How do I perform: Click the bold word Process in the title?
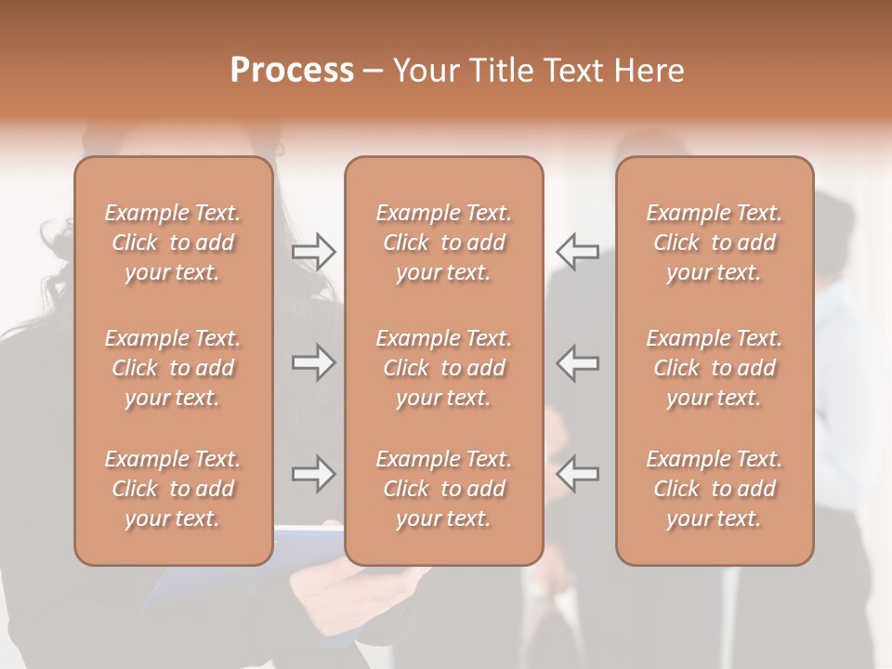coord(292,71)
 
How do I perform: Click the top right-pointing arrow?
coord(314,251)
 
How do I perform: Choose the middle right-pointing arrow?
coord(314,362)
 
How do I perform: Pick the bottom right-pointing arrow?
coord(314,474)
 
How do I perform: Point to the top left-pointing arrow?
coord(577,251)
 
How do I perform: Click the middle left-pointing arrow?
coord(577,362)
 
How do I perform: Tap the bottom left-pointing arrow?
coord(577,474)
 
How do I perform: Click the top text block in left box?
coord(173,243)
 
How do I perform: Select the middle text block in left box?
coord(173,368)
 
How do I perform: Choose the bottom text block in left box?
coord(173,489)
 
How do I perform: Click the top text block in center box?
coord(443,243)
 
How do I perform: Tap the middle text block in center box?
coord(443,368)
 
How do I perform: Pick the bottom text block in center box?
coord(443,489)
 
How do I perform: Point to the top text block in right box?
coord(715,243)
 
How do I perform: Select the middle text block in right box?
coord(715,368)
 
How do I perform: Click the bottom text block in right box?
coord(715,489)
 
